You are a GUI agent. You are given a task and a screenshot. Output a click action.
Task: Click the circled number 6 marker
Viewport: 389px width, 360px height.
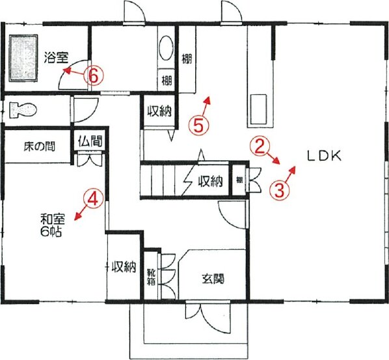pyautogui.click(x=93, y=76)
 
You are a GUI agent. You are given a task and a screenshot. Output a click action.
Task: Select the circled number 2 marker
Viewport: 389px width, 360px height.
pyautogui.click(x=259, y=147)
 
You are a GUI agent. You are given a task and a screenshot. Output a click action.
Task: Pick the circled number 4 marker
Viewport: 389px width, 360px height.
pyautogui.click(x=93, y=198)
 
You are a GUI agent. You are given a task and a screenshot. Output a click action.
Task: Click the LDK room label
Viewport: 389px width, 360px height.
pyautogui.click(x=324, y=156)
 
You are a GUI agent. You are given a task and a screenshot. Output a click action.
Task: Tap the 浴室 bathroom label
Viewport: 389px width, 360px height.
pyautogui.click(x=57, y=57)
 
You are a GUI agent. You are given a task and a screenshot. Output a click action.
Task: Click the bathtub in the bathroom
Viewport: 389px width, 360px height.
pyautogui.click(x=23, y=58)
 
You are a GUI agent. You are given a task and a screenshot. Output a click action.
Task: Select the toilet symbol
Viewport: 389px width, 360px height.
pyautogui.click(x=23, y=109)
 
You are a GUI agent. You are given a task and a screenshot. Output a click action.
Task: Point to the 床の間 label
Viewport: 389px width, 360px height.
pyautogui.click(x=39, y=146)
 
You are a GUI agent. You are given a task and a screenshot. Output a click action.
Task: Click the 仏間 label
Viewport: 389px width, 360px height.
pyautogui.click(x=90, y=141)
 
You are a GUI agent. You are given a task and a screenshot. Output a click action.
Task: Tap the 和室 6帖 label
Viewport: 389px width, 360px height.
pyautogui.click(x=53, y=225)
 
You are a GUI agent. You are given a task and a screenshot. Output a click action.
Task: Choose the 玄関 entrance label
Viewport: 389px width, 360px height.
pyautogui.click(x=213, y=279)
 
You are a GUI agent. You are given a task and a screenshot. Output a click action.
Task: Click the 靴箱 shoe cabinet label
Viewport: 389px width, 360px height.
pyautogui.click(x=151, y=277)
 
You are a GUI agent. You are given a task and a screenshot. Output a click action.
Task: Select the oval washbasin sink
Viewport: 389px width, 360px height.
pyautogui.click(x=166, y=48)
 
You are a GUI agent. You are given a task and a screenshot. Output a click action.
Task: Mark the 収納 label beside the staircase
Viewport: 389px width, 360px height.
pyautogui.click(x=210, y=182)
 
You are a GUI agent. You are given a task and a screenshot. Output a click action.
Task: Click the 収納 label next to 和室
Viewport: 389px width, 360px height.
pyautogui.click(x=124, y=268)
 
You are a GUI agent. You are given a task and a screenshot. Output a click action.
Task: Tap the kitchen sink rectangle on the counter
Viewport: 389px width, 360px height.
pyautogui.click(x=258, y=109)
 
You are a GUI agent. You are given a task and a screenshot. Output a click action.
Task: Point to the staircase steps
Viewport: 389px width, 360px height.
pyautogui.click(x=163, y=180)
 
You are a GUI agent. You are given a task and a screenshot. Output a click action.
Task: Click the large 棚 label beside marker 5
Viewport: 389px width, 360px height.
pyautogui.click(x=187, y=59)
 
